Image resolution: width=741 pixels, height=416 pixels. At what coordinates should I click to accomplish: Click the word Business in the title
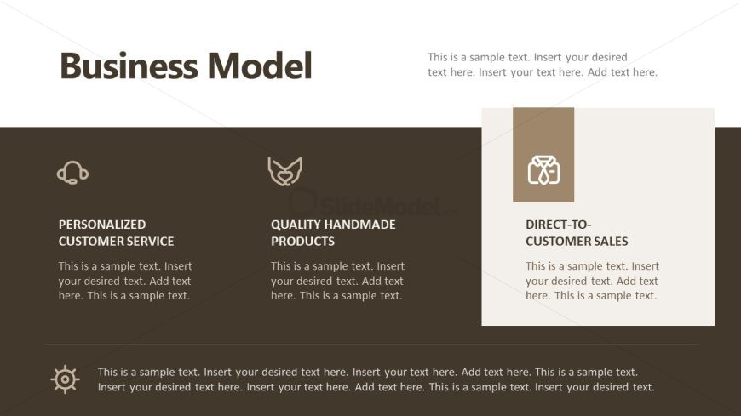click(129, 66)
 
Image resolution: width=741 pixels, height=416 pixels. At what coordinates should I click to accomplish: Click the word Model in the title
click(260, 66)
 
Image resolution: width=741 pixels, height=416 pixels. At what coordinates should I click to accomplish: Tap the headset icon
click(72, 173)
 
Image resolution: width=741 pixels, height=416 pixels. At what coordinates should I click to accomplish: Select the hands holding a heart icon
click(285, 171)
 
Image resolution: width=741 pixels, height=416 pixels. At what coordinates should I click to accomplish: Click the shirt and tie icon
click(544, 170)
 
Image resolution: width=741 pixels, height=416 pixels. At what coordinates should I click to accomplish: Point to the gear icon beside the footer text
click(66, 379)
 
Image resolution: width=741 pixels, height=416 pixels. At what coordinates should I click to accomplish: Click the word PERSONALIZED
click(102, 225)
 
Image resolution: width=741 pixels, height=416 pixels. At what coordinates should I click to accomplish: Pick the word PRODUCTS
click(302, 242)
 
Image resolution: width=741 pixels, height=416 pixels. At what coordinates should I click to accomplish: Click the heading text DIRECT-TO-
click(558, 225)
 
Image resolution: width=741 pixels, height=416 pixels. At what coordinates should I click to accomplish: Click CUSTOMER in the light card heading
click(559, 242)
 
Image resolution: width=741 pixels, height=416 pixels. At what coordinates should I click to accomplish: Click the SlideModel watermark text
click(373, 205)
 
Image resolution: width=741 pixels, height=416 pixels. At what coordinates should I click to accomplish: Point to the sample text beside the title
click(543, 65)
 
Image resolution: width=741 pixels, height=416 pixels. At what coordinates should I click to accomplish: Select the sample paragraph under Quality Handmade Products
click(337, 281)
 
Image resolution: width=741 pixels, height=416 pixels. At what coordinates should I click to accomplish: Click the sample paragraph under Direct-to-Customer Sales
click(592, 281)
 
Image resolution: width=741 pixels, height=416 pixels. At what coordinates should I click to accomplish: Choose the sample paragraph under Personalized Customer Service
click(125, 281)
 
